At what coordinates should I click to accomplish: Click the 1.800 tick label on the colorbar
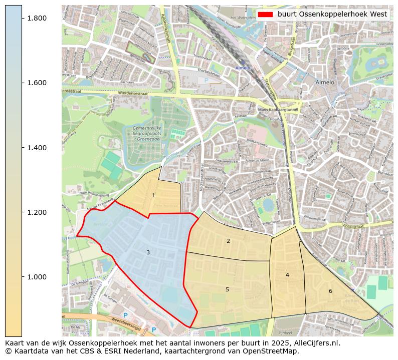(x=37, y=18)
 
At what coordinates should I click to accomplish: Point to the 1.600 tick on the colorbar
(x=37, y=83)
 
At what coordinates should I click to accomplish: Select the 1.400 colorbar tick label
(x=37, y=148)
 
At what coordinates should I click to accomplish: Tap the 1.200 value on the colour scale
(x=37, y=212)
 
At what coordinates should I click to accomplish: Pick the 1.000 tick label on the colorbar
(x=37, y=277)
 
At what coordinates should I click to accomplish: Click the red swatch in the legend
(x=266, y=14)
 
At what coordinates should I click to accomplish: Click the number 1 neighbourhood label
(x=153, y=196)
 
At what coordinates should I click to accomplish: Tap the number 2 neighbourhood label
(x=228, y=241)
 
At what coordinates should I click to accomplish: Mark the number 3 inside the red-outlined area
(x=148, y=252)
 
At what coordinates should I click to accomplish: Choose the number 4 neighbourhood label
(x=287, y=275)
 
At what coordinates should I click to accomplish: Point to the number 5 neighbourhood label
(x=227, y=289)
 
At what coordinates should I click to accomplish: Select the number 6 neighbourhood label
(x=330, y=291)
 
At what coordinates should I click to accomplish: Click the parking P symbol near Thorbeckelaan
(x=205, y=80)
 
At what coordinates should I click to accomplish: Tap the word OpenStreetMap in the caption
(x=275, y=351)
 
